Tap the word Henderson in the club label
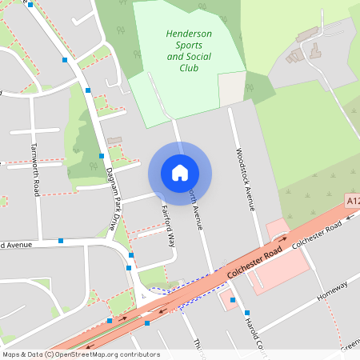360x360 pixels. tap(189, 34)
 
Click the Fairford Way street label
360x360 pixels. tap(168, 226)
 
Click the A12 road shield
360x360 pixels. tap(353, 200)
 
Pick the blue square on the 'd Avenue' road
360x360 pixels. tap(61, 240)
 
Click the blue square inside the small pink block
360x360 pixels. tap(232, 300)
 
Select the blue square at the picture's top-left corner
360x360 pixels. tap(30, 5)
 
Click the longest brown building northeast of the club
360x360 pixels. tap(306, 35)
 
